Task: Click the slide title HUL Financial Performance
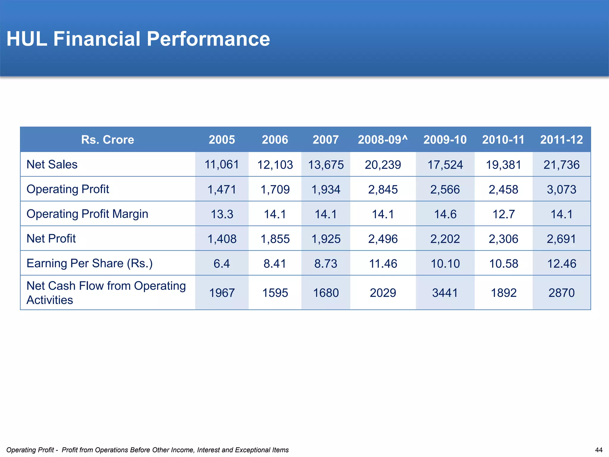pyautogui.click(x=138, y=39)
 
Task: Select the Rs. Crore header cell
pyautogui.click(x=108, y=140)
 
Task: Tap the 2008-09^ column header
pyautogui.click(x=383, y=140)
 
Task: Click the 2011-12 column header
pyautogui.click(x=561, y=140)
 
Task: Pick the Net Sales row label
pyautogui.click(x=52, y=164)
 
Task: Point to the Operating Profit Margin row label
pyautogui.click(x=87, y=214)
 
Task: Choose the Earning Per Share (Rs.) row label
pyautogui.click(x=90, y=263)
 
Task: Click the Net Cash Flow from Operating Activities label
pyautogui.click(x=106, y=292)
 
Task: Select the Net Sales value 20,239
pyautogui.click(x=383, y=165)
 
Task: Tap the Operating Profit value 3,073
pyautogui.click(x=561, y=189)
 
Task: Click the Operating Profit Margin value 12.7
pyautogui.click(x=503, y=214)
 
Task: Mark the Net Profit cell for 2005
pyautogui.click(x=222, y=239)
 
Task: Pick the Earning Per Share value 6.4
pyautogui.click(x=222, y=263)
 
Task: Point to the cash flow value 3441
pyautogui.click(x=445, y=293)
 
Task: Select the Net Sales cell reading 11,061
pyautogui.click(x=222, y=165)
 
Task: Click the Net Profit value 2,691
pyautogui.click(x=561, y=239)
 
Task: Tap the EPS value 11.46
pyautogui.click(x=383, y=263)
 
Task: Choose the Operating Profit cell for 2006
pyautogui.click(x=275, y=189)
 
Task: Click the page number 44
pyautogui.click(x=599, y=450)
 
